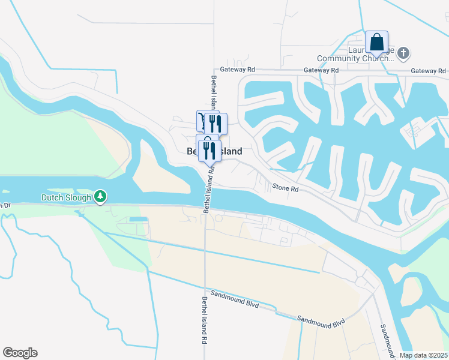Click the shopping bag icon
click(376, 43)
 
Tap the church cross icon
click(403, 54)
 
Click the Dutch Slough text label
click(66, 197)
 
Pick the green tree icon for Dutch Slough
click(101, 196)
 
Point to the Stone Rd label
click(286, 188)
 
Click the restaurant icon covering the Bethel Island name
click(209, 150)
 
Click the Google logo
click(20, 353)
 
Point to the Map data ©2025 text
click(423, 355)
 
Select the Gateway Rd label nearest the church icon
click(428, 71)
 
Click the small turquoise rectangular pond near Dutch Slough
click(138, 220)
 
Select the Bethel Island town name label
click(214, 152)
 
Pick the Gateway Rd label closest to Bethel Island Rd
click(238, 70)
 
